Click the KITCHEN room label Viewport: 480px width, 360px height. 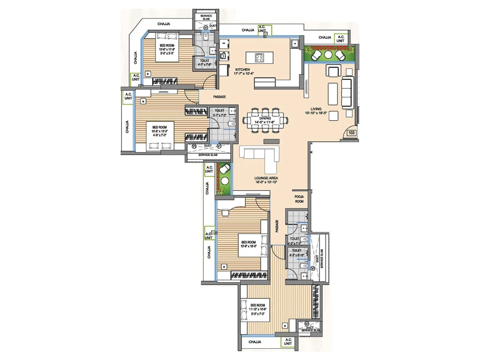point(242,70)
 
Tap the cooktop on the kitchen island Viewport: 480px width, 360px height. point(259,57)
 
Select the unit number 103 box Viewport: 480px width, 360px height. point(351,133)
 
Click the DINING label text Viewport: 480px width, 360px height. point(265,118)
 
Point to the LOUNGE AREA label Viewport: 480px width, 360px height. point(266,178)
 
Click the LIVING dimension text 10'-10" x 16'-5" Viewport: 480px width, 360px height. point(316,113)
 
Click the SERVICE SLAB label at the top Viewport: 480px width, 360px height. point(206,17)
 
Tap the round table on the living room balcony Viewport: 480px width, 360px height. point(328,55)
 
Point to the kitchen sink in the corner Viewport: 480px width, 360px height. point(295,43)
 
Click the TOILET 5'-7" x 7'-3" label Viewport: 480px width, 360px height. point(219,112)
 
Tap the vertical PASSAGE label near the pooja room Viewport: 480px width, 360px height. point(277,226)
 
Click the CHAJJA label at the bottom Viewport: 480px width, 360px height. point(255,342)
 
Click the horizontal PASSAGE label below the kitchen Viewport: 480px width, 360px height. point(219,97)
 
